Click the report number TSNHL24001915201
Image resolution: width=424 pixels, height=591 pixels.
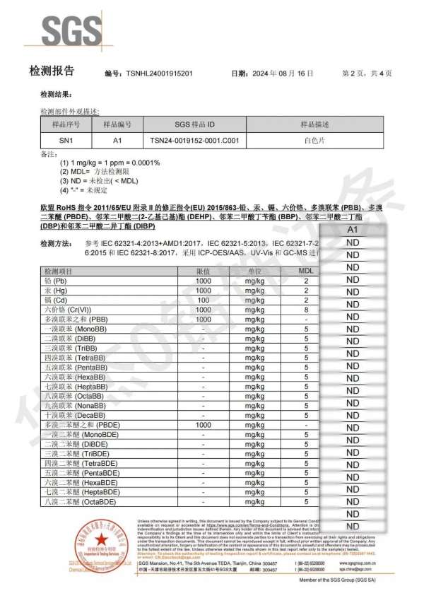pos(157,74)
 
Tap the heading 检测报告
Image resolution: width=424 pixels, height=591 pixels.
pos(51,72)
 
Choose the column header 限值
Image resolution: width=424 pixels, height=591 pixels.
pos(204,271)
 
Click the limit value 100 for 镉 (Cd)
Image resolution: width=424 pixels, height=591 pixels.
pos(204,300)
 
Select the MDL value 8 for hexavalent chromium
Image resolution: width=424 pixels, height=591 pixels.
pos(306,310)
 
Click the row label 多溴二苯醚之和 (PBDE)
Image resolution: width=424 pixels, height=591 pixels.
pos(78,426)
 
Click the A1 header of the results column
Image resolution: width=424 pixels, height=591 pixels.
pos(353,230)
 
